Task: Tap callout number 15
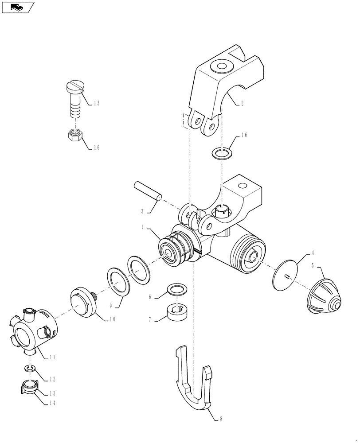pyautogui.click(x=97, y=103)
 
